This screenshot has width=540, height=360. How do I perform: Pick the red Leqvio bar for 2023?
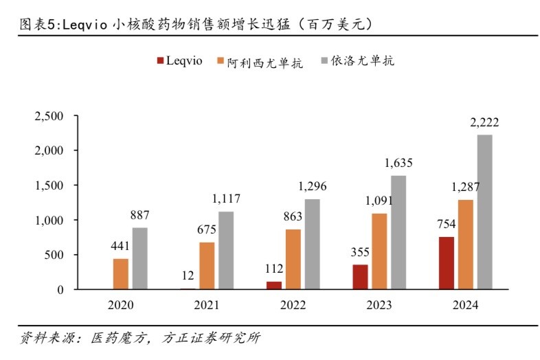pos(361,277)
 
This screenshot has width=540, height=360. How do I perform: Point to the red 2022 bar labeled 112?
pos(275,285)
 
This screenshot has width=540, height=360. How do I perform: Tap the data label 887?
pos(139,214)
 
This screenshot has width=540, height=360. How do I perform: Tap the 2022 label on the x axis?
pos(294,305)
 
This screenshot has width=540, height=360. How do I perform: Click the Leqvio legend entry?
pos(181,60)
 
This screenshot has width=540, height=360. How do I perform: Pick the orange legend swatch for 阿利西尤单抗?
pos(221,60)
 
